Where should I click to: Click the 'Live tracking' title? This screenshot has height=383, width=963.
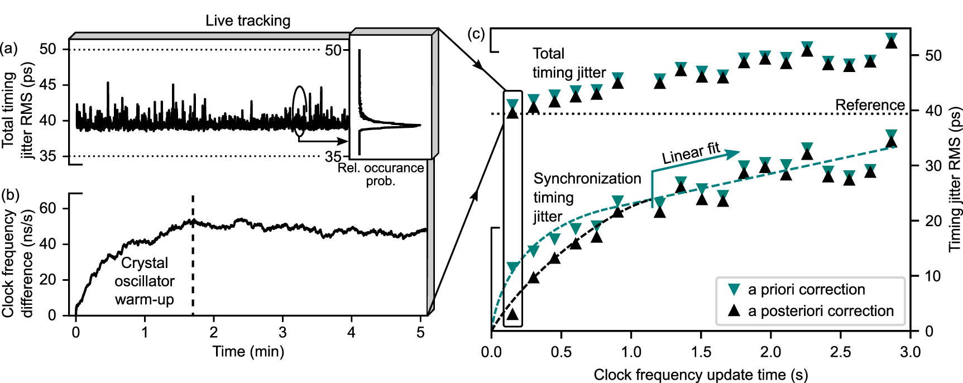(x=248, y=21)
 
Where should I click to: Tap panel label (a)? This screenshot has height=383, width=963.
(x=9, y=48)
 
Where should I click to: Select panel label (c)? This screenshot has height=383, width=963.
(x=476, y=33)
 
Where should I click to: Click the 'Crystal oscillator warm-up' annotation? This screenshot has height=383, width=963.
(x=145, y=281)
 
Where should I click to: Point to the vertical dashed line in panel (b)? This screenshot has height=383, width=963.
(x=193, y=257)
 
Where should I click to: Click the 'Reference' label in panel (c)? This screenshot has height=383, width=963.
(x=869, y=105)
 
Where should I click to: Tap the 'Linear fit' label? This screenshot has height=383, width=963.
(x=691, y=153)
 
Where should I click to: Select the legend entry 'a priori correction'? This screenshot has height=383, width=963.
(x=806, y=289)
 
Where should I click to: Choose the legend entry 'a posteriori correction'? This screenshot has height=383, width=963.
(x=820, y=310)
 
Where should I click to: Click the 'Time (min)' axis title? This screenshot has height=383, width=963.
(x=248, y=351)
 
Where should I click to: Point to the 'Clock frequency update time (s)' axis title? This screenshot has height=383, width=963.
(x=701, y=375)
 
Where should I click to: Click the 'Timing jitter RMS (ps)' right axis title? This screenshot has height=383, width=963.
(x=955, y=179)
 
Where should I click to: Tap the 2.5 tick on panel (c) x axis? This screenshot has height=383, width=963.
(x=840, y=352)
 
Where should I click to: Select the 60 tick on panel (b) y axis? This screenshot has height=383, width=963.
(x=48, y=208)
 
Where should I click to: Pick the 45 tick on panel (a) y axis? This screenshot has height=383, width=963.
(x=48, y=85)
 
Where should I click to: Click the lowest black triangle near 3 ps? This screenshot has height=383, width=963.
(x=512, y=314)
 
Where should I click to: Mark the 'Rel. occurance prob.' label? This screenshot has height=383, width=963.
(x=381, y=174)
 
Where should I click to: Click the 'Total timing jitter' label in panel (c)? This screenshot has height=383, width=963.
(x=568, y=63)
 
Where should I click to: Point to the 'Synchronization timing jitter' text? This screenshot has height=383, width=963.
(x=586, y=197)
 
